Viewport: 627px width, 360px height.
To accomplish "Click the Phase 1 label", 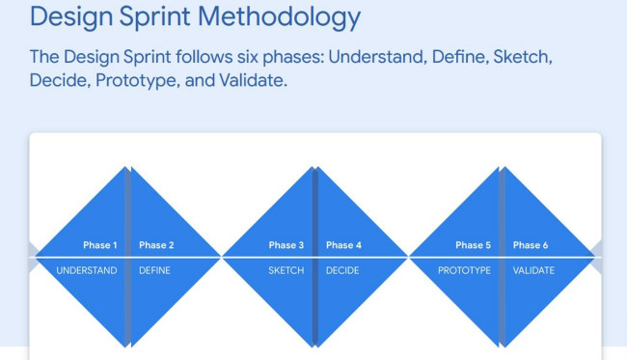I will tap(100, 245).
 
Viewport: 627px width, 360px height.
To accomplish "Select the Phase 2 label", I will tap(156, 245).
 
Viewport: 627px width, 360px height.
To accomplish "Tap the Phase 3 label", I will tap(286, 245).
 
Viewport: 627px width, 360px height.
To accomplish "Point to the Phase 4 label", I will tap(343, 245).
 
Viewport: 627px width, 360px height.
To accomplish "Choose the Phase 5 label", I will tap(474, 245).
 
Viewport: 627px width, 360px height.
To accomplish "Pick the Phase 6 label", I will tap(531, 245).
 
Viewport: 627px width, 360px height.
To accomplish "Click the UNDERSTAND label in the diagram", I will tap(87, 270).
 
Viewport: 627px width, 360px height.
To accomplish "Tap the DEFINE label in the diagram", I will tap(154, 270).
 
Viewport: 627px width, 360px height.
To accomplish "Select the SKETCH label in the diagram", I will tap(286, 270).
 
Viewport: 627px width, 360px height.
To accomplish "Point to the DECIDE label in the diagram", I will tap(343, 270).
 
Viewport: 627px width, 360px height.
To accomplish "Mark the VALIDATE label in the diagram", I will tap(533, 270).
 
